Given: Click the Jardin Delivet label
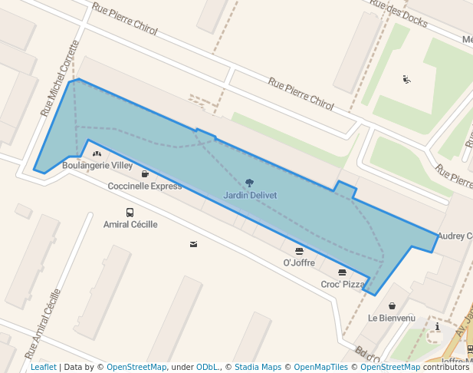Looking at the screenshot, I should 250,195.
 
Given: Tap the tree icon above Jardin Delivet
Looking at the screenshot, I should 249,183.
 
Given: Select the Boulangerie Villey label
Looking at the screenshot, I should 97,165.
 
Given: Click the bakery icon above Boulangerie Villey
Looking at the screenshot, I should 97,154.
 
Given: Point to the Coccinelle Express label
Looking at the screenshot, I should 145,186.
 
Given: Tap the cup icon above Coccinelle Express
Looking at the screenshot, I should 145,174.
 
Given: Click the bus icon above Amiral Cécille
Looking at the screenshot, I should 130,213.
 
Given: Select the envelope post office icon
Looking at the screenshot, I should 193,244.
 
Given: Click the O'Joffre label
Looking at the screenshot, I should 299,262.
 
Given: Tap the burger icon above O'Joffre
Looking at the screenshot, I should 299,251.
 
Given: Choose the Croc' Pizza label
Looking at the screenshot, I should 343,284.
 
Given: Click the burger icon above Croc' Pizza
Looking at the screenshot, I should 342,272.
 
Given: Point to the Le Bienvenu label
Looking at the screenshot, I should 391,318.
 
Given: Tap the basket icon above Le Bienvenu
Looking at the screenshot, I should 392,306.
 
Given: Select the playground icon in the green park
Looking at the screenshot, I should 406,79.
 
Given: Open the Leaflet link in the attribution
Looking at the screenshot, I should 44,367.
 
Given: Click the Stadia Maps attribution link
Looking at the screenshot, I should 258,367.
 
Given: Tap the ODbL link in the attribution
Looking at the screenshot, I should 206,367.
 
